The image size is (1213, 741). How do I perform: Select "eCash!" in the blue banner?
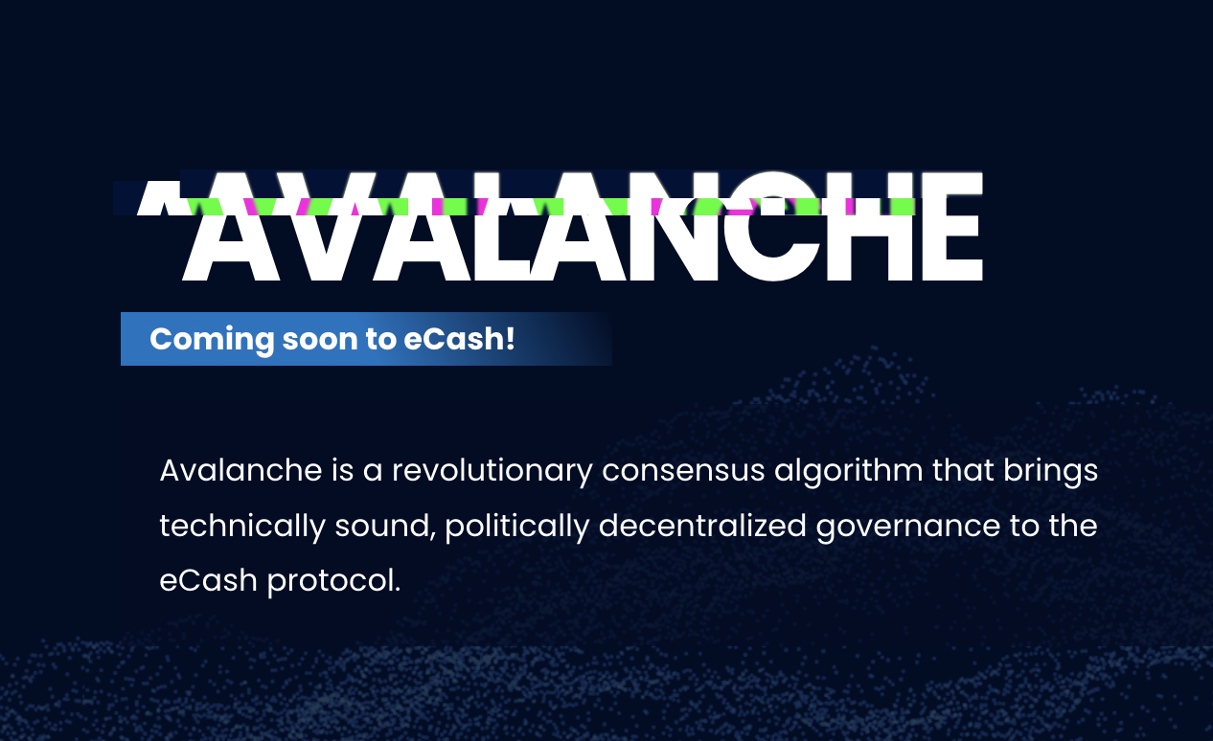pos(459,339)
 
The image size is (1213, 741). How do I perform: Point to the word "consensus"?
pos(683,471)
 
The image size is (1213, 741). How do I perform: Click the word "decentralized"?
pos(702,526)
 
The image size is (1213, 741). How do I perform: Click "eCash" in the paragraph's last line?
pos(209,581)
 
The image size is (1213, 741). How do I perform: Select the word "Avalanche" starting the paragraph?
pos(241,471)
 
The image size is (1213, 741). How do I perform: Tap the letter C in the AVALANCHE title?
pos(773,226)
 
